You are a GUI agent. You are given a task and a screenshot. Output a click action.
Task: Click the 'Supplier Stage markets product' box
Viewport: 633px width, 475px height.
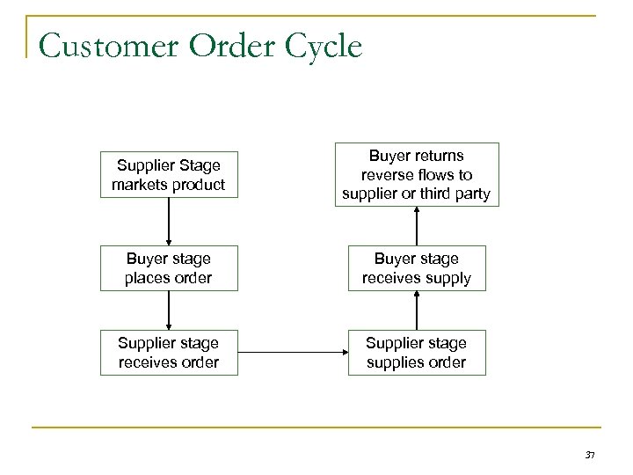[168, 175]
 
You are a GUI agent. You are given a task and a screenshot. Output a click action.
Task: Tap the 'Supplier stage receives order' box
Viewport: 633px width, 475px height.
[168, 352]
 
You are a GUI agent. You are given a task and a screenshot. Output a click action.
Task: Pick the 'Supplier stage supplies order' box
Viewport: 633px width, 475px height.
[416, 352]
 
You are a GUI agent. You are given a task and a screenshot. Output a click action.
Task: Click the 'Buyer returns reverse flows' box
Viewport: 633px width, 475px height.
[416, 174]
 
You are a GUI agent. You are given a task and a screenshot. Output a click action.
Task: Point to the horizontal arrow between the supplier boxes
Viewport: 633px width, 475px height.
[293, 353]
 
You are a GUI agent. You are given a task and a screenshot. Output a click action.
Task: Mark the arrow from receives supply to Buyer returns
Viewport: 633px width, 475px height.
[416, 224]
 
